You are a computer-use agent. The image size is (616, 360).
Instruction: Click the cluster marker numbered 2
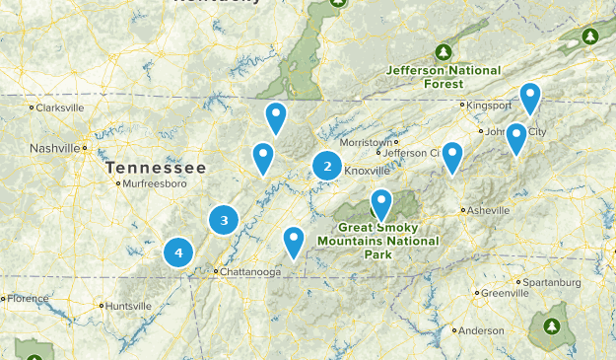pos(327,167)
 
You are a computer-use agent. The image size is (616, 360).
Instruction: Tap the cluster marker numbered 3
pos(225,220)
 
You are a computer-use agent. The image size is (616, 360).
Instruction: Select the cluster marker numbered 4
pos(178,252)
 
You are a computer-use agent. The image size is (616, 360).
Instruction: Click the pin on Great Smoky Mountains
pos(380,204)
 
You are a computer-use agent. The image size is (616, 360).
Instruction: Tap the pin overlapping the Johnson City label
pos(516,139)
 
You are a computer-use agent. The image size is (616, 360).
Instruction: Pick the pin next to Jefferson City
pos(451,156)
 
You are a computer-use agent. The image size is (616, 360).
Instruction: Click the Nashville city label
pos(54,148)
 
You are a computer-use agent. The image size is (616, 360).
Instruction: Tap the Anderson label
pos(481,330)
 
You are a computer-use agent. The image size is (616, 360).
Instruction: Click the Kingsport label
pos(489,105)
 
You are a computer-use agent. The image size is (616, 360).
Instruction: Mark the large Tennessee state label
pos(157,168)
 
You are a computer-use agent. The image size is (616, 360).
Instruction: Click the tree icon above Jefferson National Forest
pos(444,51)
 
